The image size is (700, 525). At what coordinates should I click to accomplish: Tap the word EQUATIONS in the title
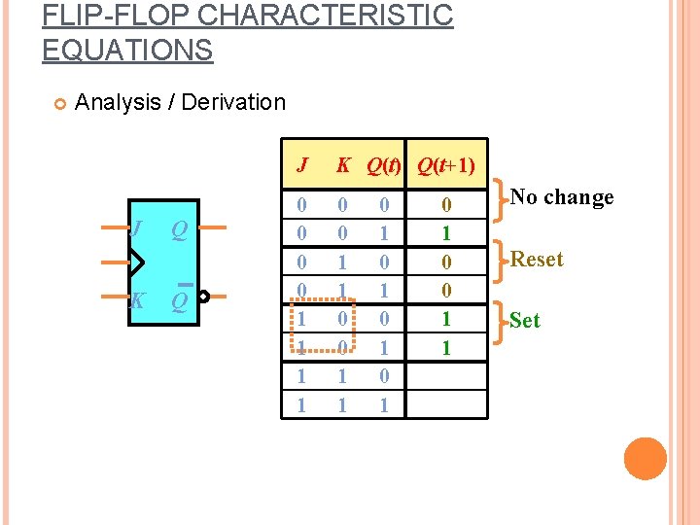[127, 50]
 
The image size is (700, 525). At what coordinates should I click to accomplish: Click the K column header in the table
[342, 165]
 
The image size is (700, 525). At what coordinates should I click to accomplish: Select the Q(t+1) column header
[446, 165]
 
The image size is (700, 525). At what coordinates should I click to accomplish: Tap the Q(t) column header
[384, 165]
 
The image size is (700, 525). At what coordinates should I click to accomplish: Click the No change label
[562, 197]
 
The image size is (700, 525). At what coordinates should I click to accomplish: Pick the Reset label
[537, 260]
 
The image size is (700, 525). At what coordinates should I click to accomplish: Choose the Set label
[524, 321]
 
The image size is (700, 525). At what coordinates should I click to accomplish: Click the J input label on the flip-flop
[138, 229]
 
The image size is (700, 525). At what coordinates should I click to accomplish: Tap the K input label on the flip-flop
[137, 300]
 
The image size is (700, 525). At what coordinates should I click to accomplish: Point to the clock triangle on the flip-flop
[137, 262]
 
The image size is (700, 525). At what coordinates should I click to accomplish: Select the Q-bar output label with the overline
[180, 299]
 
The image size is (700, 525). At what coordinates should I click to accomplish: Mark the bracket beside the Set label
[500, 319]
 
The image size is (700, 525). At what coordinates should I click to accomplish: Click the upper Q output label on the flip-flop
[180, 229]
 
